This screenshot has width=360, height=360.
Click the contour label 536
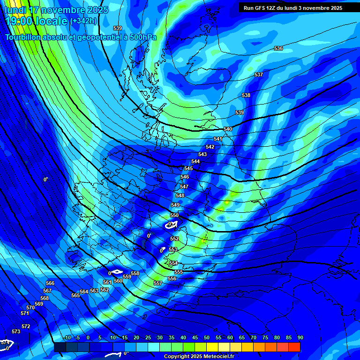[x=278, y=48]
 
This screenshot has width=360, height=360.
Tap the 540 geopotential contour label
[x=228, y=129]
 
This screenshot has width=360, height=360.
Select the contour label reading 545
[x=188, y=168]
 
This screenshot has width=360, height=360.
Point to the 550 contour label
[x=174, y=215]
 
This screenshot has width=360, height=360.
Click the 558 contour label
[x=135, y=273]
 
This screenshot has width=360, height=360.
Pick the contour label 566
[x=50, y=283]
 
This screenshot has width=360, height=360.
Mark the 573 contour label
[x=16, y=331]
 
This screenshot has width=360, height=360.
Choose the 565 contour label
[x=75, y=295]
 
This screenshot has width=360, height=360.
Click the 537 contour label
[x=259, y=75]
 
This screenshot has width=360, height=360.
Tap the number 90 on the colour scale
[x=300, y=337]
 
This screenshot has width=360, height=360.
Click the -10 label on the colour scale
[x=67, y=337]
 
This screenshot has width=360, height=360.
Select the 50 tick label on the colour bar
[x=207, y=337]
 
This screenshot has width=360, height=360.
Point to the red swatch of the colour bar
[x=294, y=347]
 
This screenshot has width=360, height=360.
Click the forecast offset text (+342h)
[x=83, y=21]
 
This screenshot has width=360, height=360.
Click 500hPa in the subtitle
[x=139, y=37]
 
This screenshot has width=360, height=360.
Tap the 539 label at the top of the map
[x=118, y=29]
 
